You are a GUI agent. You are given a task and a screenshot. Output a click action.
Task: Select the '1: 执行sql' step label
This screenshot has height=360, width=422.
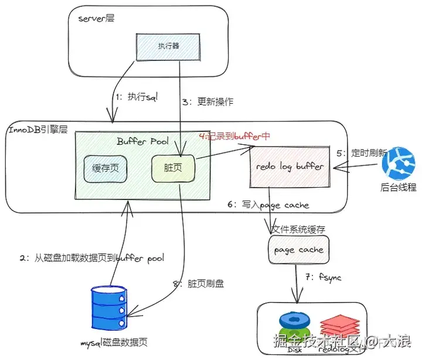(135, 97)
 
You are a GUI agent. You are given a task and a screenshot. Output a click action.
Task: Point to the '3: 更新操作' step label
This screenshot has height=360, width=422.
(207, 102)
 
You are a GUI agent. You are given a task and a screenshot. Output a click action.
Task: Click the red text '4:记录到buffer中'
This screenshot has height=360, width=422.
(234, 136)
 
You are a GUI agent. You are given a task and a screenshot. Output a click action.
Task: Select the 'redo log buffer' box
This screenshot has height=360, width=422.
(290, 167)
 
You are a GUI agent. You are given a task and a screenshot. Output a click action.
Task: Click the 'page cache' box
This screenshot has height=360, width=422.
(298, 250)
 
